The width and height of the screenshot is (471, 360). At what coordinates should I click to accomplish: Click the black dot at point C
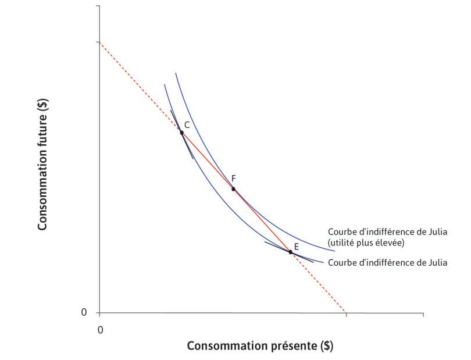tap(181, 133)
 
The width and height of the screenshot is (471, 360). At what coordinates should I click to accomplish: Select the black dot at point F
tap(233, 189)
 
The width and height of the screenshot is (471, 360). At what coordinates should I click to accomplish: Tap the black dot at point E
tap(290, 252)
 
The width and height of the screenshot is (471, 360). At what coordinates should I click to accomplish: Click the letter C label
tap(187, 125)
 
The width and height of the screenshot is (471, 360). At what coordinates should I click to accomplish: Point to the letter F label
tap(233, 179)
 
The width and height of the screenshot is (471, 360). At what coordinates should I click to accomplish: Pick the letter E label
tap(296, 247)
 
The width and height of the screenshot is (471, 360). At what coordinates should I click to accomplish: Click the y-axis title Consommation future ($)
tap(43, 165)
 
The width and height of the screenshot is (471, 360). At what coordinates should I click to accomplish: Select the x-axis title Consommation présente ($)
tap(260, 346)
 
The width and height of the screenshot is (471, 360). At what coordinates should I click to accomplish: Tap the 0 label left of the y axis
tap(84, 313)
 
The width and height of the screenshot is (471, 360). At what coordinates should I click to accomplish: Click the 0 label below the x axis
tap(100, 330)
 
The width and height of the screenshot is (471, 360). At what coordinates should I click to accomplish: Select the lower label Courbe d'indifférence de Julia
tap(387, 263)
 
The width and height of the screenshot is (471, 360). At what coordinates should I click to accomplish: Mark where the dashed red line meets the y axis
tap(99, 42)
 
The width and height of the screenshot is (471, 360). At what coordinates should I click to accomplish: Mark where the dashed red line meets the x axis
tap(345, 313)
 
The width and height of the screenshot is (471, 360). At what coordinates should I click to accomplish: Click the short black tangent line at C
tap(188, 148)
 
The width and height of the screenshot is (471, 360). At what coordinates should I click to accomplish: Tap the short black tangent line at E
tap(273, 245)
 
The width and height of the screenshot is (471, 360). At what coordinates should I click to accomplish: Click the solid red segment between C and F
tap(207, 161)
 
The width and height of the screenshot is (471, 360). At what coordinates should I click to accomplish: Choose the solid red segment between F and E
tap(262, 220)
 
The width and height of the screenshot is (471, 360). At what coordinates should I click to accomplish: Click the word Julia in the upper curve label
tap(436, 231)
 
